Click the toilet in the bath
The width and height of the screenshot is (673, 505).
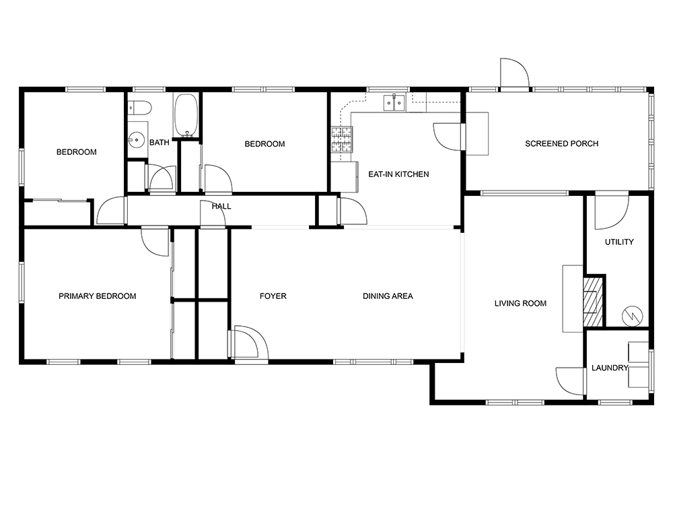click(140, 107)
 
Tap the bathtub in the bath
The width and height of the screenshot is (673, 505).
click(186, 115)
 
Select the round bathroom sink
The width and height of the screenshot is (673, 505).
click(136, 139)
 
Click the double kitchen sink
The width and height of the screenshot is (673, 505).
click(394, 102)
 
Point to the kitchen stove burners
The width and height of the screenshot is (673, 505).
click(342, 140)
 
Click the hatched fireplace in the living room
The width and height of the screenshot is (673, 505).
click(593, 302)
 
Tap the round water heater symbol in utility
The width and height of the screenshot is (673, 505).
click(632, 316)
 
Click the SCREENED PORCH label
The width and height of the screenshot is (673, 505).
click(561, 144)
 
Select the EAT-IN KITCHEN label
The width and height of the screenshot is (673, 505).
click(398, 174)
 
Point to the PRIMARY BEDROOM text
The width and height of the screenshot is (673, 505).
click(98, 296)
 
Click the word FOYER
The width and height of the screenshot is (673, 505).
click(273, 296)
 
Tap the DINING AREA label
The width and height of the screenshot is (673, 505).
click(388, 296)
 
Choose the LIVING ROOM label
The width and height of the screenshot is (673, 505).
click(520, 304)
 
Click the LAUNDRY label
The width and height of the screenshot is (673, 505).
click(610, 368)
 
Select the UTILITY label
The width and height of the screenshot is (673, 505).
click(619, 242)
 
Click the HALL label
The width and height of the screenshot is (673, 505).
click(221, 207)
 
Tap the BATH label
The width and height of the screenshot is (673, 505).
click(160, 143)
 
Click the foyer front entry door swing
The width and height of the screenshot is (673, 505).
click(250, 342)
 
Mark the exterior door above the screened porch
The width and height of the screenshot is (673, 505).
click(515, 74)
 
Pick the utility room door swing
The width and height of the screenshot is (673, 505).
click(612, 212)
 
